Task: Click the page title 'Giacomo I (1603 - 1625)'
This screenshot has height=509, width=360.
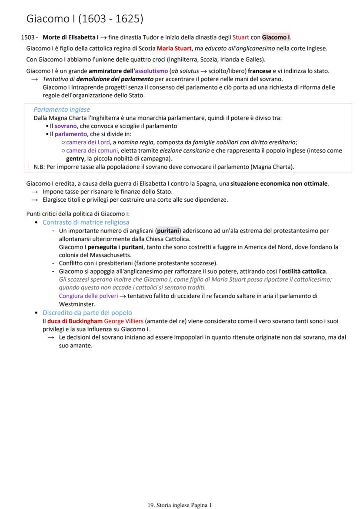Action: click(x=85, y=19)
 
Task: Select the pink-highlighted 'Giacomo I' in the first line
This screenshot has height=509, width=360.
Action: click(x=276, y=37)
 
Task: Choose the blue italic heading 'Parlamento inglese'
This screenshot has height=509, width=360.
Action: click(x=62, y=110)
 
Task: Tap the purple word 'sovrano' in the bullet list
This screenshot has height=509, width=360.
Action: click(x=66, y=126)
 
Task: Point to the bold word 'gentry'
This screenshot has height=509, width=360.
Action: click(x=75, y=158)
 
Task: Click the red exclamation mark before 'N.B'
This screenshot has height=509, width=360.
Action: click(x=29, y=166)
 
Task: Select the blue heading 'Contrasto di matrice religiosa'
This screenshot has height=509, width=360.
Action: click(x=86, y=222)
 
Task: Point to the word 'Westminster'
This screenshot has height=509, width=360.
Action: click(x=77, y=304)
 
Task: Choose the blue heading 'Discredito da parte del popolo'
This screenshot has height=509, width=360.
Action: click(x=87, y=313)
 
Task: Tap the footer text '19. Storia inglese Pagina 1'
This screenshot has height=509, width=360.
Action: click(x=180, y=505)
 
